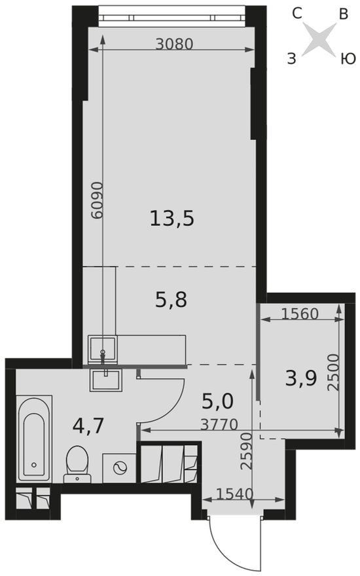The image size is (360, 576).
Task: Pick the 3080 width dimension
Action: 175,44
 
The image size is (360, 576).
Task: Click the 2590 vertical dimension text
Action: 246,450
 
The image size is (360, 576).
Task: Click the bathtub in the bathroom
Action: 33,437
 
